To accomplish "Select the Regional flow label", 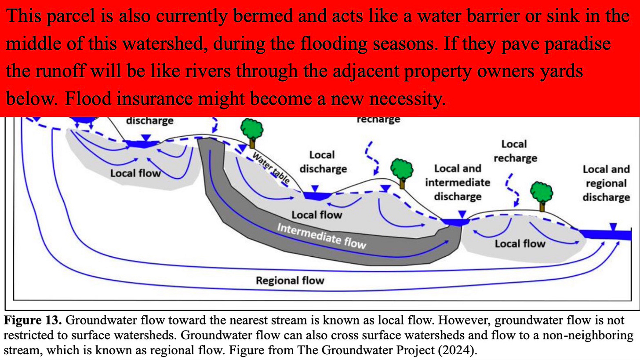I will (x=290, y=280).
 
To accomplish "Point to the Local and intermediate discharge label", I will (x=457, y=182).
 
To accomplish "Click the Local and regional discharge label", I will (x=606, y=183).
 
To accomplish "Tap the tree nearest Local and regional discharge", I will (x=542, y=194).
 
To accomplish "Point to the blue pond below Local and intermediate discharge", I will (x=455, y=222).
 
